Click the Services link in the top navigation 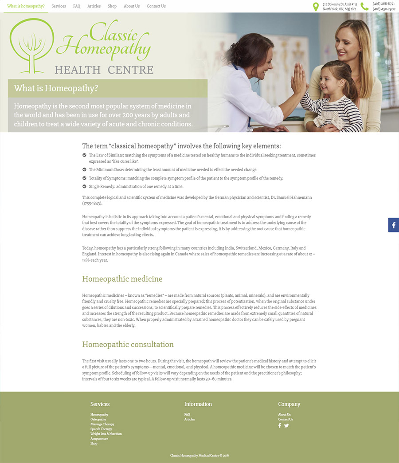pyautogui.click(x=59, y=6)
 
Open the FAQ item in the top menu pyautogui.click(x=77, y=6)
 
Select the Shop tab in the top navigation pyautogui.click(x=112, y=6)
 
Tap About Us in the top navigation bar pyautogui.click(x=132, y=6)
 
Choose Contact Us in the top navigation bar pyautogui.click(x=156, y=6)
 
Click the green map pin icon pyautogui.click(x=316, y=7)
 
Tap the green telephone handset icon pyautogui.click(x=364, y=6)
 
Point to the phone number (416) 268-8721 pyautogui.click(x=383, y=4)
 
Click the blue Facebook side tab pyautogui.click(x=394, y=225)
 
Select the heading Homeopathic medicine pyautogui.click(x=122, y=279)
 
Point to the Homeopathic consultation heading pyautogui.click(x=128, y=345)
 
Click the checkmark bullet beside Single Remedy pyautogui.click(x=85, y=186)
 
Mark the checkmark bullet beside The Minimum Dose pyautogui.click(x=85, y=169)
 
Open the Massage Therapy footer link pyautogui.click(x=102, y=424)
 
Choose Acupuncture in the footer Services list pyautogui.click(x=99, y=439)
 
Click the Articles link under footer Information pyautogui.click(x=189, y=420)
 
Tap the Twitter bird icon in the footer pyautogui.click(x=286, y=426)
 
